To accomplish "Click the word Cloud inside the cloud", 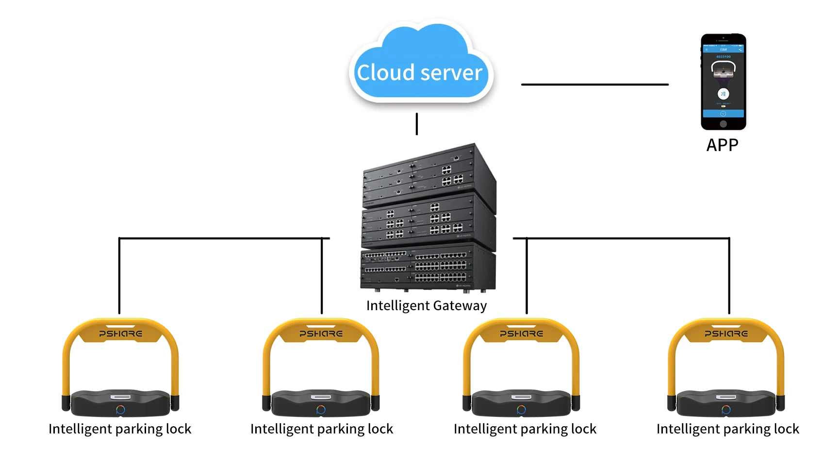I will click(x=386, y=73).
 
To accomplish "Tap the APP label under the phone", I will click(x=722, y=145).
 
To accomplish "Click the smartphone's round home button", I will click(x=723, y=124).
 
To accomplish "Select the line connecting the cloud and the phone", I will click(x=594, y=84).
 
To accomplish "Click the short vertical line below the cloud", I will click(x=417, y=124).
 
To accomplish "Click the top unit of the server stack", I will click(x=427, y=175).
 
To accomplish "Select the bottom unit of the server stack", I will click(x=427, y=269).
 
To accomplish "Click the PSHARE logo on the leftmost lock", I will click(x=121, y=334).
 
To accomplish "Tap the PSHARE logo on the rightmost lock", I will click(x=726, y=334).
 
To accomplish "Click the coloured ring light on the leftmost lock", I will click(x=121, y=410).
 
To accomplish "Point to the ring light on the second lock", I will click(x=321, y=410).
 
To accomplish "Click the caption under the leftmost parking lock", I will click(x=120, y=429).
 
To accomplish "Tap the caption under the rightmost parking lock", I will click(x=727, y=429).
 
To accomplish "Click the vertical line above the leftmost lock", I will click(x=119, y=277).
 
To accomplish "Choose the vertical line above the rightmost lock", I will click(x=729, y=277).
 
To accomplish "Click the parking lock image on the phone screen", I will click(x=723, y=69).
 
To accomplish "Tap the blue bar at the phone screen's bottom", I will click(x=723, y=114).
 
